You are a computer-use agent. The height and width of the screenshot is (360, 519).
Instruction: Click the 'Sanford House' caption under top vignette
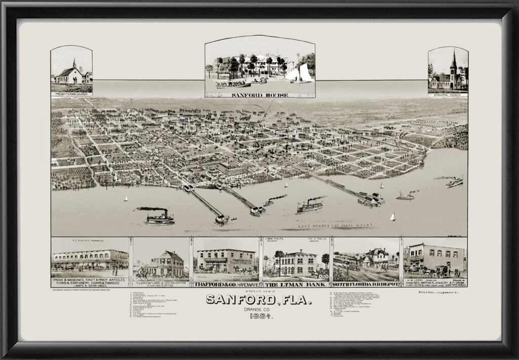tap(259, 94)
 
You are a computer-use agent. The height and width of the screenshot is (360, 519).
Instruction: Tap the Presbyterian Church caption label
tap(71, 94)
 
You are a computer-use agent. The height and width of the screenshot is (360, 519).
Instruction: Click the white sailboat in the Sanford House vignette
tap(300, 73)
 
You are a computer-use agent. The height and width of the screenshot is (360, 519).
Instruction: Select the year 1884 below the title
tap(259, 317)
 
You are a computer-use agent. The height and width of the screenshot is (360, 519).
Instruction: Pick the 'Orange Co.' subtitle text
tap(259, 309)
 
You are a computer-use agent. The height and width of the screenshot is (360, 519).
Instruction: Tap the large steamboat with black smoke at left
tap(159, 219)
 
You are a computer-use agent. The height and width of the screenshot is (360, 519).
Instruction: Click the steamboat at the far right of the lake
tap(454, 182)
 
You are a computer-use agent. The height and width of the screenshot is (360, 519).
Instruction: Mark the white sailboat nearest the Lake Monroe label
tap(392, 217)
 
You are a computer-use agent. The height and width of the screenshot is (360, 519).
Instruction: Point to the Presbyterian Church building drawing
tap(70, 76)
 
